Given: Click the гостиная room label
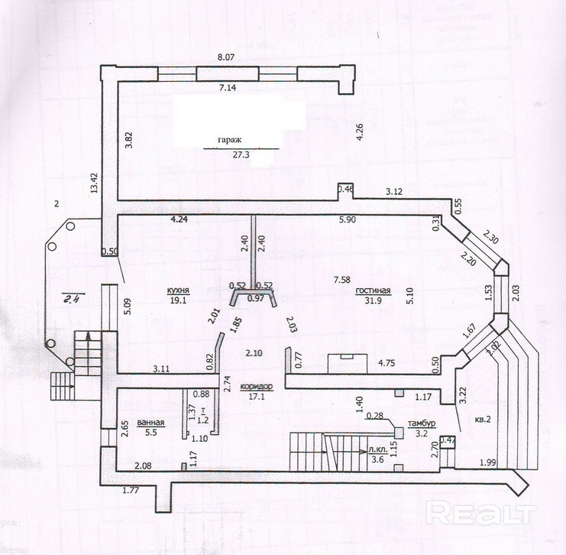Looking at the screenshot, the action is click(373, 291).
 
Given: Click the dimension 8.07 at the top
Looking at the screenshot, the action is click(226, 57).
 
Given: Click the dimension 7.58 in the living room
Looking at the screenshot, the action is click(342, 280).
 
